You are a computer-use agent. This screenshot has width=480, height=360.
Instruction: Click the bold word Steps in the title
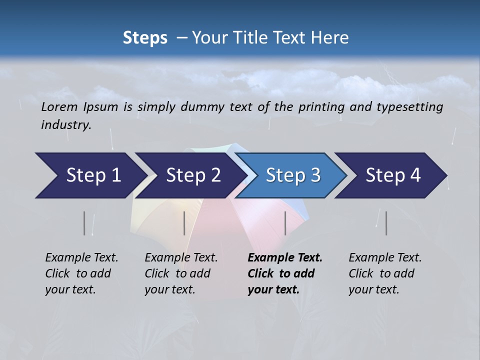tap(145, 38)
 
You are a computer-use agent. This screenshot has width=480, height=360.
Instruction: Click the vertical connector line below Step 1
tap(84, 223)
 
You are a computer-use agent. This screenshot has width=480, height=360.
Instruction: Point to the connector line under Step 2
tap(184, 223)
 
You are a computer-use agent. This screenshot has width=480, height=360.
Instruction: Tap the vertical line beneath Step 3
tap(285, 223)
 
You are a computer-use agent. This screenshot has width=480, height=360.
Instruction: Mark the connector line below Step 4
tap(386, 223)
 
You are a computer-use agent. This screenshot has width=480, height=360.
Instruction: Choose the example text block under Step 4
tap(385, 273)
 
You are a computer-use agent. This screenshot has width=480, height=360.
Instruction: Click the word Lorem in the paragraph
tap(59, 106)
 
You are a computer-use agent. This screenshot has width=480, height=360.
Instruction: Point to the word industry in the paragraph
tap(66, 124)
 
